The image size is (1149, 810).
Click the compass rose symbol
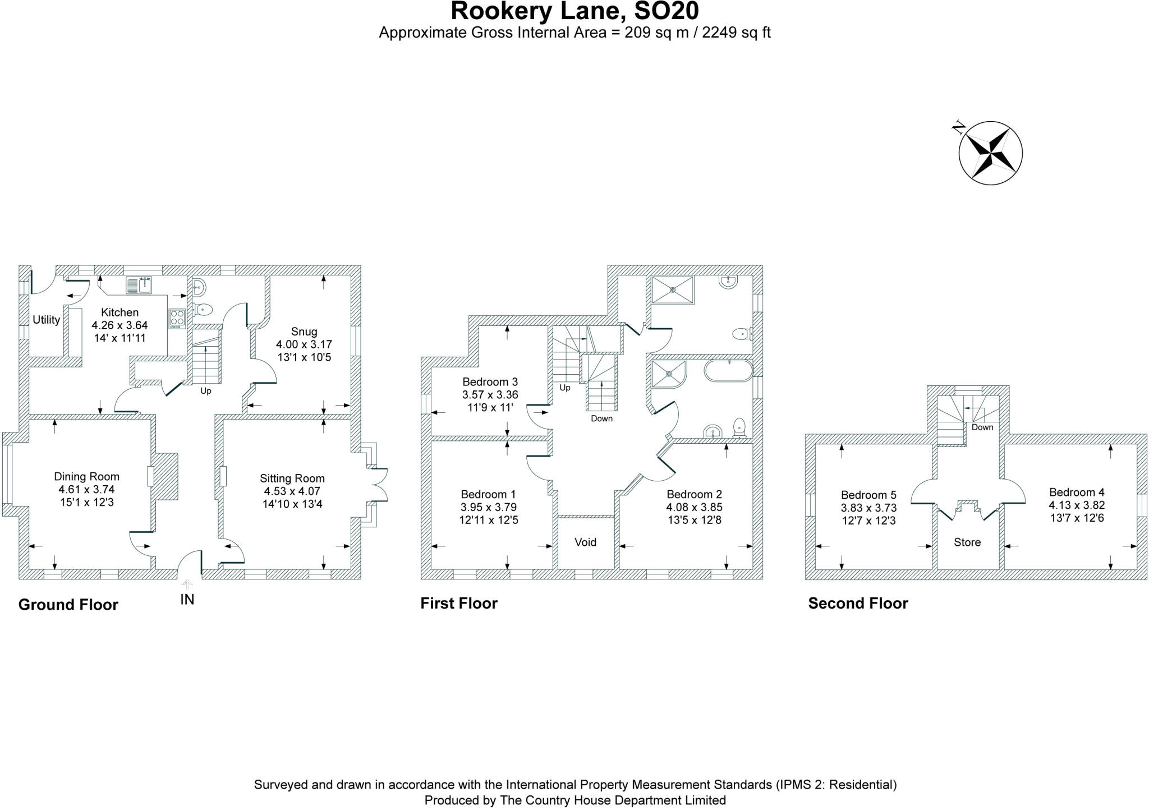coord(990,153)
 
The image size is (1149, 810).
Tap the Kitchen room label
coord(120,312)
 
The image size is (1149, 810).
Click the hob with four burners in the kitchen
coord(177,319)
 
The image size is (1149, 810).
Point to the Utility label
coord(46,320)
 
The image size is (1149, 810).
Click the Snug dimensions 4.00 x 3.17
coord(304,344)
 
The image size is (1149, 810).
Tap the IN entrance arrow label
coord(187,600)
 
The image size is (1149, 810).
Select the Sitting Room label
coord(292,478)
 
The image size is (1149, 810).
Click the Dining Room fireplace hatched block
coord(167,476)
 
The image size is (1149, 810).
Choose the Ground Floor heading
coord(68,605)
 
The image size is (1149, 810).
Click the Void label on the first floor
coord(585,542)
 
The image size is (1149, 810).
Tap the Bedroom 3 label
coord(490,382)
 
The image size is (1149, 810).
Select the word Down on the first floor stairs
coord(601,418)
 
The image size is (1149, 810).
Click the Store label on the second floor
coord(967,542)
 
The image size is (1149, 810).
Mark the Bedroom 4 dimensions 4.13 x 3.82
coord(1077,505)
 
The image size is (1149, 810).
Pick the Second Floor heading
coord(858,604)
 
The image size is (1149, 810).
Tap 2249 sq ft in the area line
coord(736,33)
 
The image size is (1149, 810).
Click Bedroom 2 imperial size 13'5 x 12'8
coord(694,520)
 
